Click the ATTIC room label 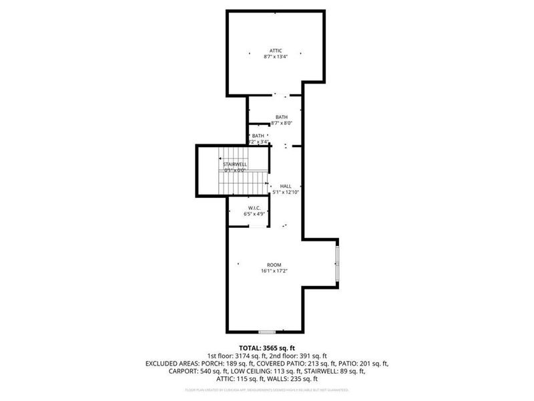point(276,51)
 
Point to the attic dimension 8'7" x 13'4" point(276,57)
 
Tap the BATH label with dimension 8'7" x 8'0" point(282,118)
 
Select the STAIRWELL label point(235,164)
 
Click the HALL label point(286,186)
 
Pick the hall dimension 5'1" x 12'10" point(286,192)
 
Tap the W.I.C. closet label point(254,208)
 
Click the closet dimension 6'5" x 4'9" point(254,214)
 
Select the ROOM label point(275,265)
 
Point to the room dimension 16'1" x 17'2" point(275,271)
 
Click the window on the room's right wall point(337,264)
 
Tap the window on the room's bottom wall point(267,331)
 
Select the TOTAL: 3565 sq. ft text point(267,348)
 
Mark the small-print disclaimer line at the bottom point(267,390)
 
